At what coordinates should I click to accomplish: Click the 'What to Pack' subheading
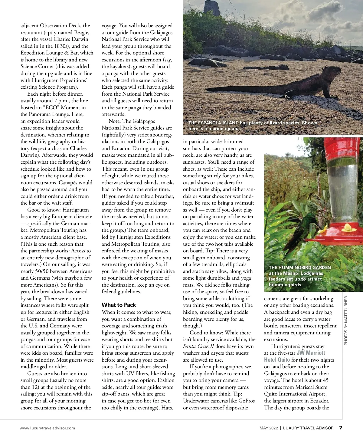[x=119, y=305]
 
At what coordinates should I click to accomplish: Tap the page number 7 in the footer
[x=341, y=428]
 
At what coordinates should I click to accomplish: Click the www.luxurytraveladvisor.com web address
[x=47, y=428]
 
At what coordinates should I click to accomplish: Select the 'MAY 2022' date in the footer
[x=269, y=428]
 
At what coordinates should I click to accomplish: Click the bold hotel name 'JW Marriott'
[x=311, y=353]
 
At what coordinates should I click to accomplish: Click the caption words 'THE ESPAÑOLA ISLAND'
[x=213, y=123]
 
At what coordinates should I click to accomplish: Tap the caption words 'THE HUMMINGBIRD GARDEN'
[x=300, y=268]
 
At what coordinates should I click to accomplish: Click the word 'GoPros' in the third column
[x=247, y=401]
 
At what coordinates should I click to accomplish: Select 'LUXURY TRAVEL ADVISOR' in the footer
[x=308, y=428]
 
